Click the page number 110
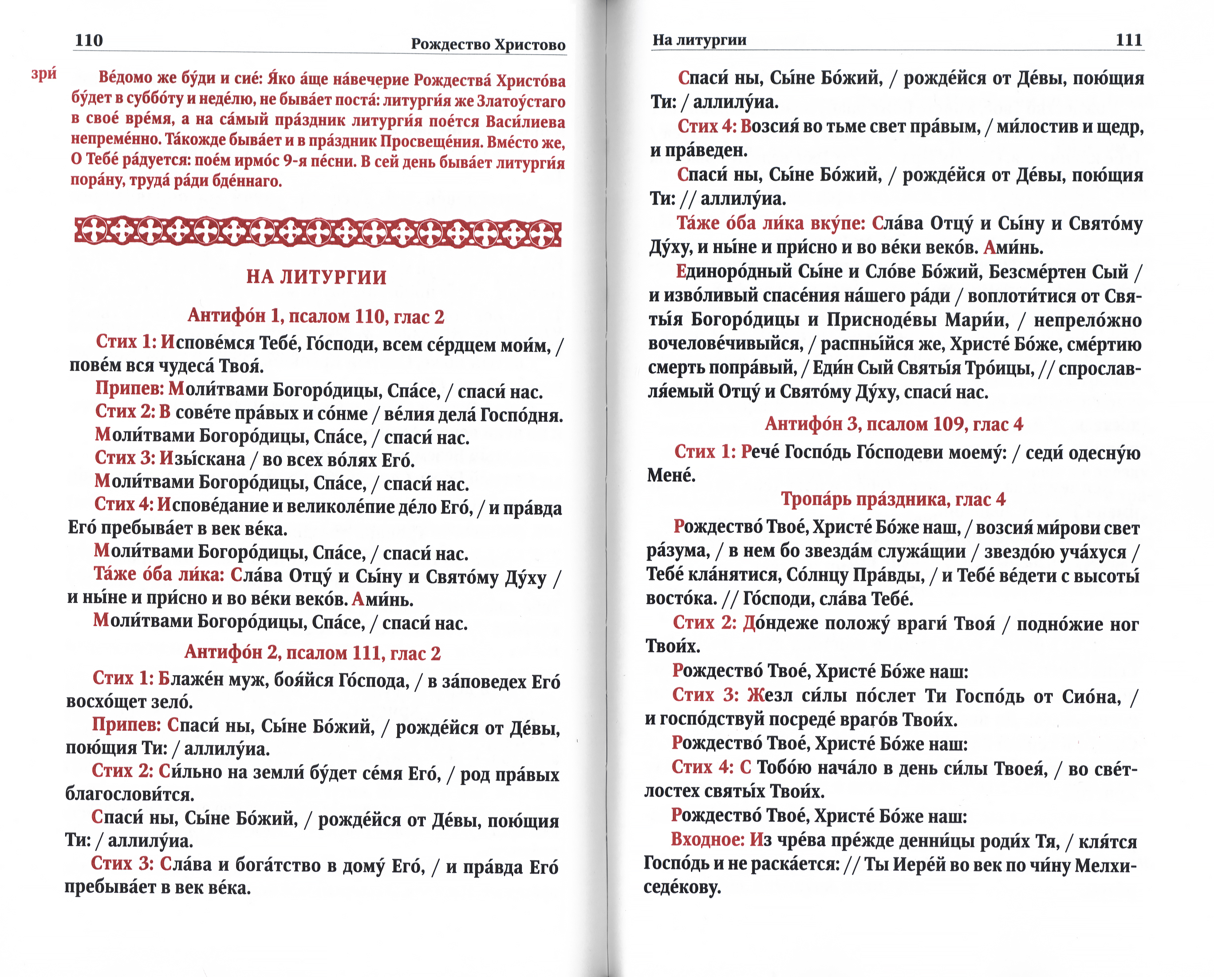tap(89, 40)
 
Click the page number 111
tap(1128, 40)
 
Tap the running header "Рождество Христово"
tap(488, 44)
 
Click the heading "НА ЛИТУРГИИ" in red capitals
tap(316, 277)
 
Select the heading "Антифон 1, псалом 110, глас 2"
tap(316, 317)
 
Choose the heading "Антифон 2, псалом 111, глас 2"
tap(312, 652)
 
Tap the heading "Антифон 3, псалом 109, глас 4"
tap(894, 424)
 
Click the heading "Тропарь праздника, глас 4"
tap(893, 499)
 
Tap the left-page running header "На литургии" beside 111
tap(699, 40)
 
